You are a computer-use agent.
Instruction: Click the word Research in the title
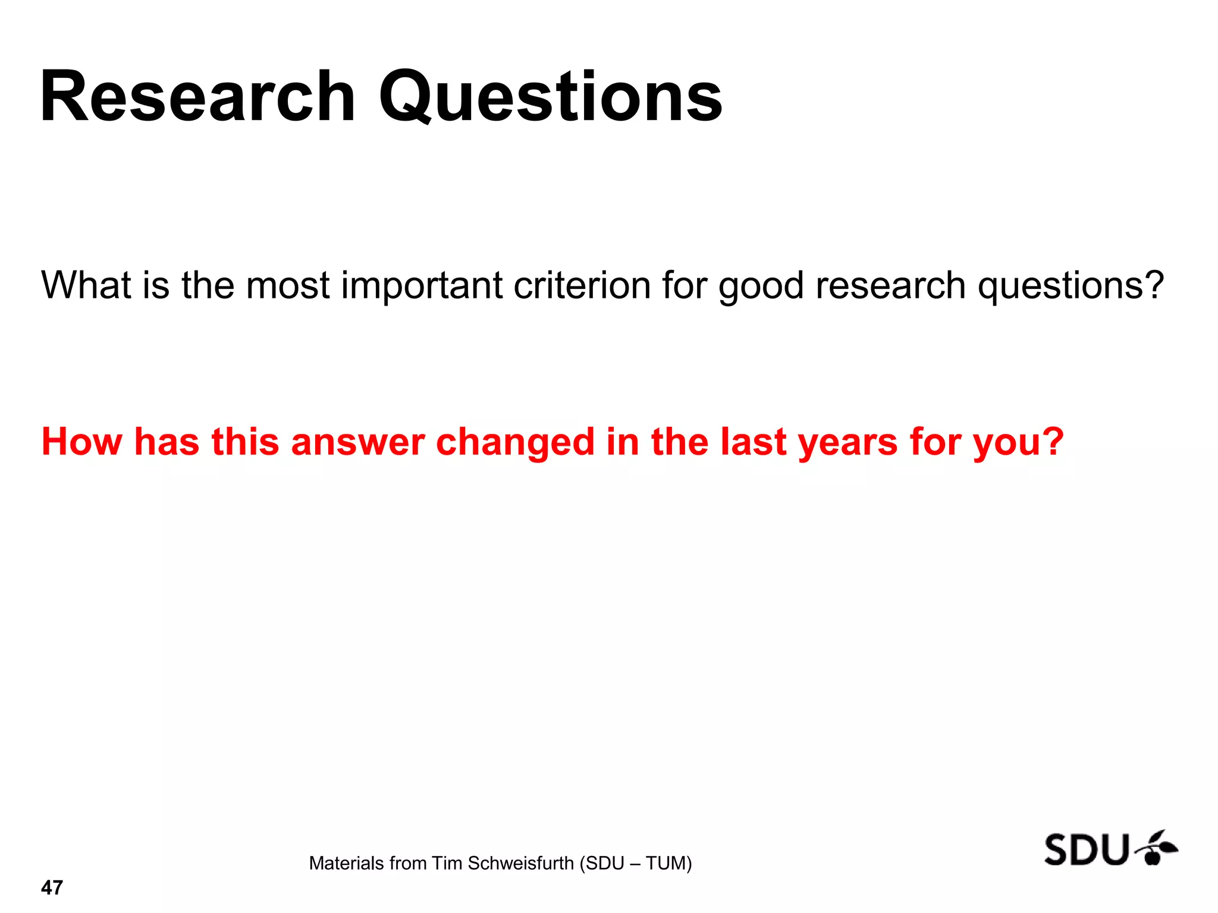(x=197, y=97)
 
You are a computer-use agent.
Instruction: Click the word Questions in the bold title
(x=551, y=97)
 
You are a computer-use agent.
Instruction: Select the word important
(x=422, y=285)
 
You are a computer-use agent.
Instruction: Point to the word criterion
(x=582, y=285)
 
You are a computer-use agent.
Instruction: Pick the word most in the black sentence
(x=288, y=285)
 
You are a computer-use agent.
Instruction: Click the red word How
(x=81, y=442)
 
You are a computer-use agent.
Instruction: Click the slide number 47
(x=52, y=887)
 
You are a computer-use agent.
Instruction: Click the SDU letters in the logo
(x=1086, y=849)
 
